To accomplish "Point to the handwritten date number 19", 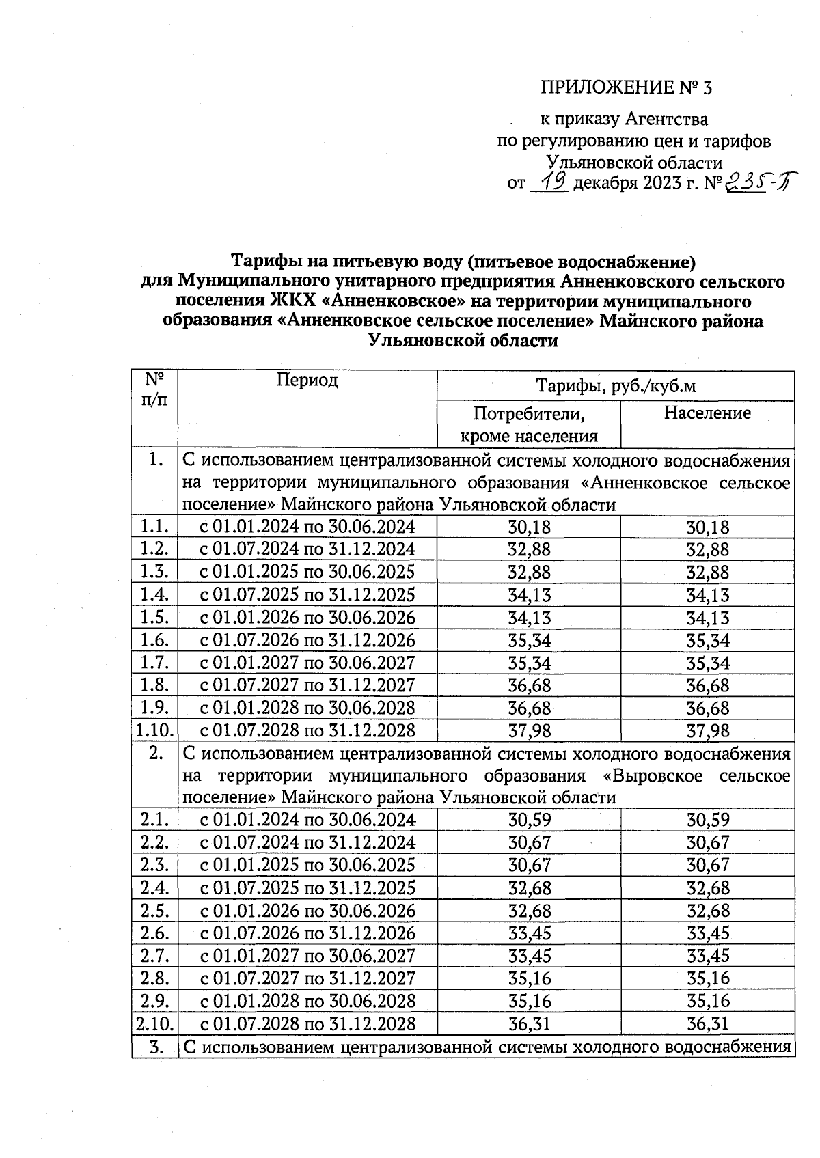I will coord(551,182).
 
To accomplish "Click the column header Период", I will coord(307,381).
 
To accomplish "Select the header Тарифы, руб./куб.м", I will coord(615,386).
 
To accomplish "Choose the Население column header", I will coord(707,413).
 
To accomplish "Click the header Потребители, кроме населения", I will coord(529,424).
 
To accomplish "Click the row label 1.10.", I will coord(155,730).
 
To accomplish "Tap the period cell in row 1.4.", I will coord(307,595).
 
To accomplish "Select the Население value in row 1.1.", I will coord(707,527).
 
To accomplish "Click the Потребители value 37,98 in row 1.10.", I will coord(529,731).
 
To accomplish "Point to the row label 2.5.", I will coord(155,911).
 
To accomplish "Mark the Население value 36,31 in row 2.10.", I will coord(707,1023).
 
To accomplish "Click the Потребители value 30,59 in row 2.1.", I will coord(529,820).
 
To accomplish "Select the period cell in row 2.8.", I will coord(307,978).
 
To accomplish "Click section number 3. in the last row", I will coord(155,1047).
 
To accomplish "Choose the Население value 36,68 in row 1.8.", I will coord(707,686).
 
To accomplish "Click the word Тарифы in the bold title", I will coord(263,262).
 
